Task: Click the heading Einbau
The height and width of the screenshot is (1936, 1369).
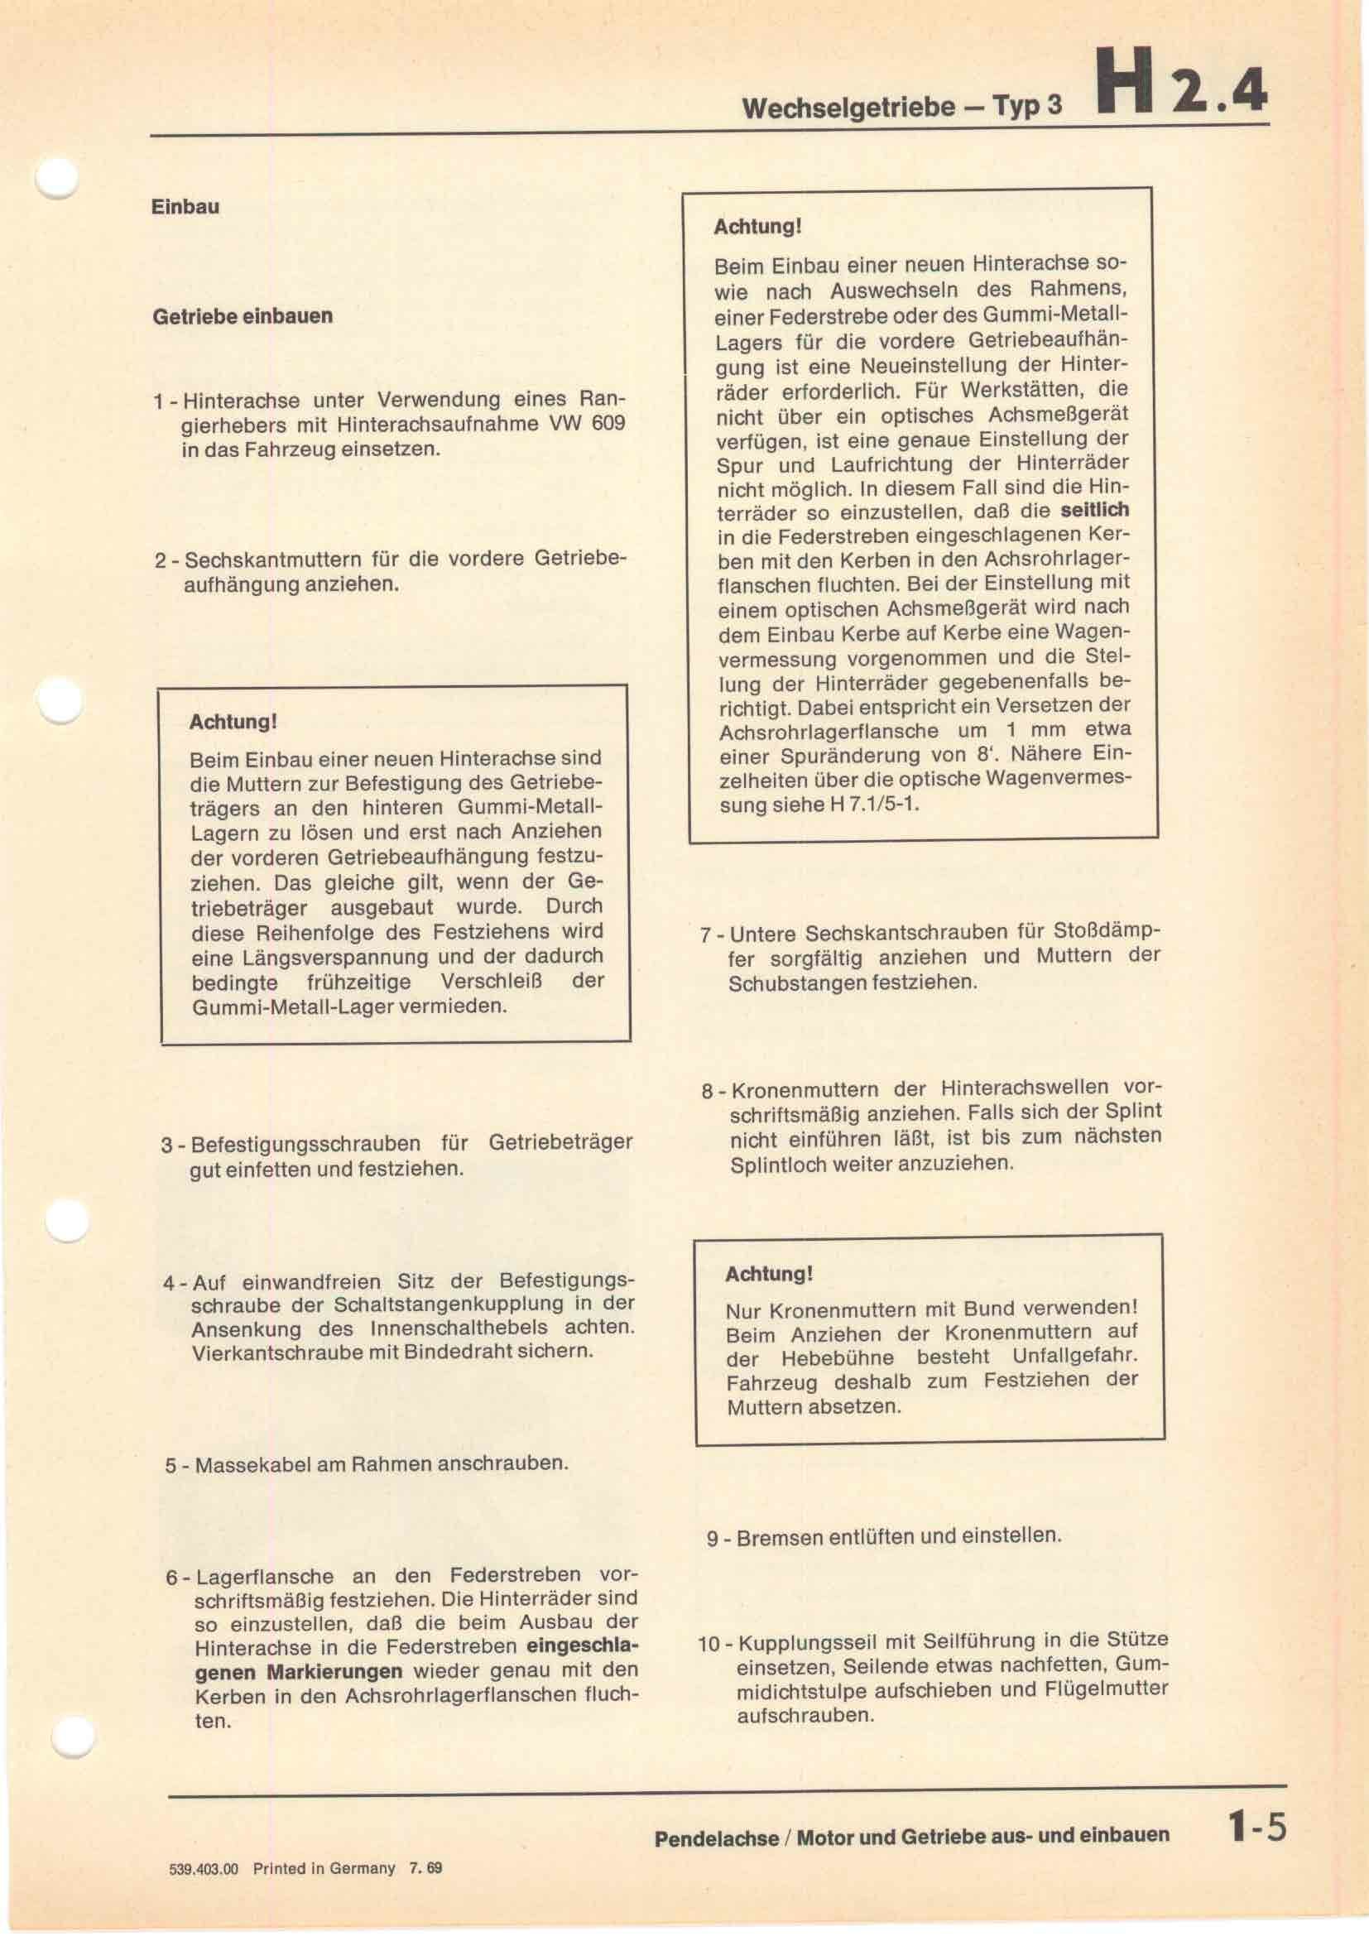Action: tap(185, 208)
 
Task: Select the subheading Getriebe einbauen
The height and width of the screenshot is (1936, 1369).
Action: tap(243, 317)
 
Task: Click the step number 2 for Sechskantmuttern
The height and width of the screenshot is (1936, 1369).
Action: tap(161, 560)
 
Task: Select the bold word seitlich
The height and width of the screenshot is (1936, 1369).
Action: tap(1094, 510)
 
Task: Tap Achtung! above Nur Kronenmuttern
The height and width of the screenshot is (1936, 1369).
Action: tap(769, 1273)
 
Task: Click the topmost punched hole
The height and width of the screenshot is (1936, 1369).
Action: tap(57, 178)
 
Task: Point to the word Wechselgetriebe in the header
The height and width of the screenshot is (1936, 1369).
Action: tap(848, 108)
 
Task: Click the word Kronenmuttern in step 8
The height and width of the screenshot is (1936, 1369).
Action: tap(793, 1089)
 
